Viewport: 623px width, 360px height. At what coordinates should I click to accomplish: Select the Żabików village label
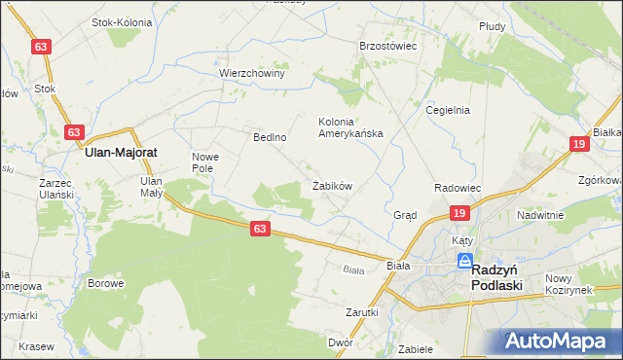point(331,185)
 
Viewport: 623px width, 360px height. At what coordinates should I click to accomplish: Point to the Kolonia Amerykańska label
point(350,127)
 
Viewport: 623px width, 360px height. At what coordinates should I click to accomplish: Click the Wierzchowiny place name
point(251,73)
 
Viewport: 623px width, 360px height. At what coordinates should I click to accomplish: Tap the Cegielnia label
point(448,110)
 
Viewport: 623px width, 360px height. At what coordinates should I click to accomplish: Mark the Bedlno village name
point(269,137)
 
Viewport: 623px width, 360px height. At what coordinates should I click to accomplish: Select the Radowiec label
point(458,187)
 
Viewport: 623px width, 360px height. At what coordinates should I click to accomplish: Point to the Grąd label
point(405,215)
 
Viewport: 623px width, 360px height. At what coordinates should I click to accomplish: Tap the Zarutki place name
point(361,312)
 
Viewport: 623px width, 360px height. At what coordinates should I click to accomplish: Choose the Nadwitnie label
point(542,215)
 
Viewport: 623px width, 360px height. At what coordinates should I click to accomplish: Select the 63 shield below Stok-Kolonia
point(40,47)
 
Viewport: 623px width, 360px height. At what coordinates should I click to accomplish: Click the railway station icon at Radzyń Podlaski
point(466,262)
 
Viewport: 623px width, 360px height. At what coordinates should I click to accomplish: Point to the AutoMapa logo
point(560,341)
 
